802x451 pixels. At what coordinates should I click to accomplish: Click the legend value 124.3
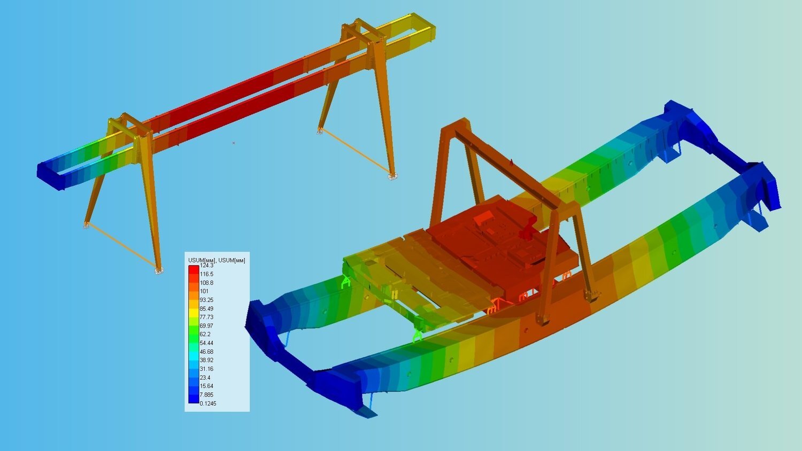point(206,266)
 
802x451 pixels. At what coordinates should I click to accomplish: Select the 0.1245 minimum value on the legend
point(208,403)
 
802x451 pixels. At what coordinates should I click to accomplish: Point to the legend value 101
point(204,291)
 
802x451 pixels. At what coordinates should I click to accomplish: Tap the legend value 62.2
point(205,335)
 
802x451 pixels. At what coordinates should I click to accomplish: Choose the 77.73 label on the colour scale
point(206,317)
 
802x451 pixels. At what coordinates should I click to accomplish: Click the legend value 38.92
point(206,360)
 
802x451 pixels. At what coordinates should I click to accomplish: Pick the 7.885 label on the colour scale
point(206,395)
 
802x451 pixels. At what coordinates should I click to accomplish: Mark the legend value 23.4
point(205,378)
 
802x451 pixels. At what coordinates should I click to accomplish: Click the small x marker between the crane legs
point(234,143)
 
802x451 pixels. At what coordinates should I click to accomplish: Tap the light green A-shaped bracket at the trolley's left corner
point(346,281)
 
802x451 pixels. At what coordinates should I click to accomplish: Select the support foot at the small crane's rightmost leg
point(393,176)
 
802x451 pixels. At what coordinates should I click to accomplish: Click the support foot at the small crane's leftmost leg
point(86,226)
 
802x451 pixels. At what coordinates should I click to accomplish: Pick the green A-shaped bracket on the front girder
point(417,335)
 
